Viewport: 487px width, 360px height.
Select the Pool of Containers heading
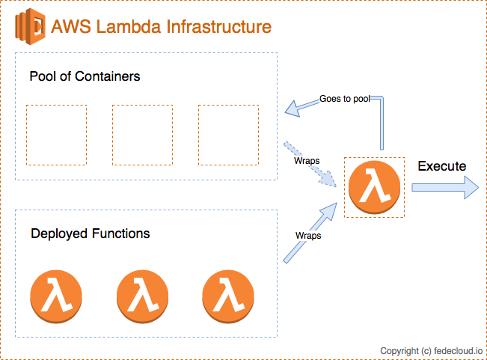point(85,76)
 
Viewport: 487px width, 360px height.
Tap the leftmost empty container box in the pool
point(56,135)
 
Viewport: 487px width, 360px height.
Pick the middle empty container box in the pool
point(142,135)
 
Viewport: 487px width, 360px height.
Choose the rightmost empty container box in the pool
point(228,135)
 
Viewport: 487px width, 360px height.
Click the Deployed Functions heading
point(90,234)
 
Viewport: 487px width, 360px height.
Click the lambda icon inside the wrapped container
point(373,187)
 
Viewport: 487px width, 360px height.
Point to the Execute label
point(441,166)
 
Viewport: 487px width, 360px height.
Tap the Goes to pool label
point(344,98)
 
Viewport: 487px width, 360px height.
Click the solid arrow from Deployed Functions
point(307,234)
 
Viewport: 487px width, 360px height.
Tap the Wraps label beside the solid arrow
point(308,235)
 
